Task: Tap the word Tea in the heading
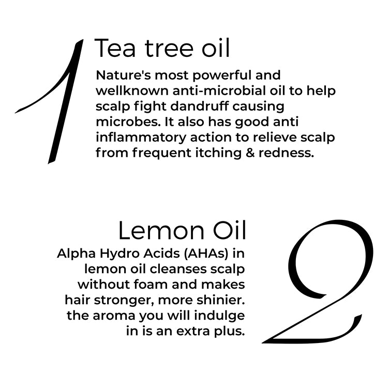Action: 115,48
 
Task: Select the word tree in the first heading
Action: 169,48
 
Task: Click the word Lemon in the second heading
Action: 161,231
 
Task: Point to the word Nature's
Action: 123,75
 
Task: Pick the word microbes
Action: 128,122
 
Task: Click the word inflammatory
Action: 141,138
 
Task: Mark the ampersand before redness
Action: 250,153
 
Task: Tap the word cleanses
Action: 178,269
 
